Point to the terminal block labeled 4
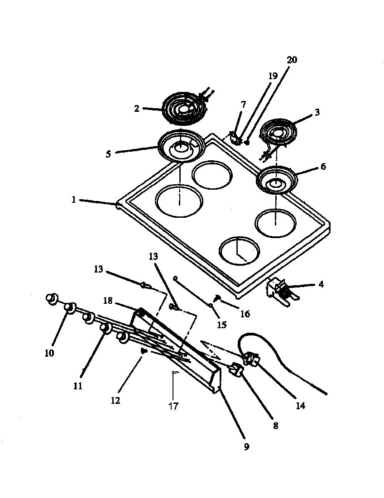(279, 288)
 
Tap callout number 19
(273, 77)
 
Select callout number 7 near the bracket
(244, 105)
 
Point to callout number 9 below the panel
(246, 447)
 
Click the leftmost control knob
(52, 298)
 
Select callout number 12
(116, 401)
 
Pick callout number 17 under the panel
(173, 406)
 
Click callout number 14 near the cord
(301, 406)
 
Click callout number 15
(222, 325)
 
